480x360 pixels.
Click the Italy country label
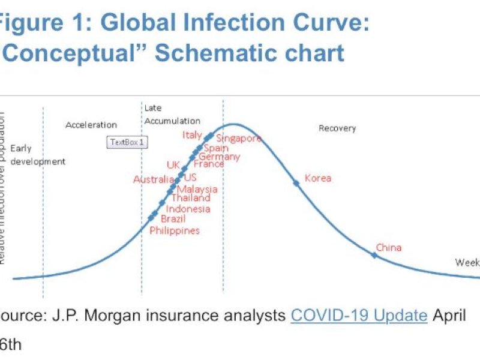[x=192, y=135]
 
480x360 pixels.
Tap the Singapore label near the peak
[x=239, y=138]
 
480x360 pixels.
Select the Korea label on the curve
[x=317, y=178]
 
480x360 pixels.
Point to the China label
[x=389, y=247]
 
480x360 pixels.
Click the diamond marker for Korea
[x=296, y=182]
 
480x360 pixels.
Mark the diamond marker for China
[x=374, y=255]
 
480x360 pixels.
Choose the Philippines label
[x=175, y=230]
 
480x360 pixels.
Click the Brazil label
[x=173, y=219]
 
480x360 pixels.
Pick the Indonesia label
[x=188, y=209]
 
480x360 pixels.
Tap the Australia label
[x=154, y=179]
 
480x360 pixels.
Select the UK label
[x=173, y=165]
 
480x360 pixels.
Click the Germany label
[x=219, y=157]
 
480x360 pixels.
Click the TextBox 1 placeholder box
[x=128, y=142]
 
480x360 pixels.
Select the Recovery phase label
[x=337, y=128]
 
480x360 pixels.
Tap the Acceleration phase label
[x=91, y=125]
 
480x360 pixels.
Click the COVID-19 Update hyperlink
[x=359, y=315]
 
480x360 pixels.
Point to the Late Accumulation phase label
[x=163, y=114]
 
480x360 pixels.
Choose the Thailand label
[x=191, y=198]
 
